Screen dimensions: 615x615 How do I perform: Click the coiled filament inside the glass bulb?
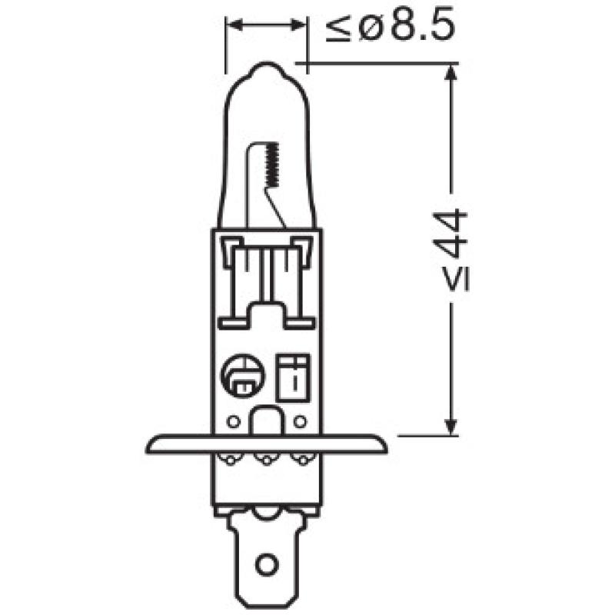(x=269, y=165)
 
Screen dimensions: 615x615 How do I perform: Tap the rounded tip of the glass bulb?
(x=266, y=67)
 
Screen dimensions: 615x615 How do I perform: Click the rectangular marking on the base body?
(x=293, y=377)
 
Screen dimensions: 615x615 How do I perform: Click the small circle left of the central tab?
(x=234, y=421)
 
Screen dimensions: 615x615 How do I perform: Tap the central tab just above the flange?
(x=266, y=421)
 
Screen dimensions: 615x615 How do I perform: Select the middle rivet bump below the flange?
(x=266, y=460)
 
